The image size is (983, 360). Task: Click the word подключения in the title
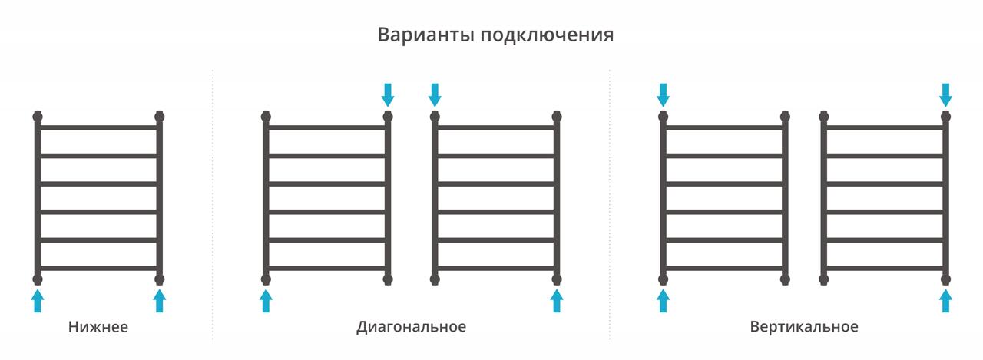[x=547, y=35]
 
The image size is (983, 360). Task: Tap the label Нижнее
[x=98, y=327]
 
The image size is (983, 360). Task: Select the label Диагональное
[x=411, y=327]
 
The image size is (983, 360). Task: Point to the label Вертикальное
[x=804, y=327]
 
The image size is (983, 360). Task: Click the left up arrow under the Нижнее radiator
[x=38, y=300]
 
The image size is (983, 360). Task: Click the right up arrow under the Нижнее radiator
[x=159, y=300]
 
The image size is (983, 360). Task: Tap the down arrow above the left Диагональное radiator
[x=388, y=95]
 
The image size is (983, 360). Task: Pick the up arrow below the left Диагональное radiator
[x=266, y=300]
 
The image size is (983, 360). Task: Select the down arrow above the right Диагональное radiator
[x=435, y=95]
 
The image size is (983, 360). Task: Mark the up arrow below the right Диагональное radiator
[x=557, y=300]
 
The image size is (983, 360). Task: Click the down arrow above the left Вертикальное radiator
[x=663, y=95]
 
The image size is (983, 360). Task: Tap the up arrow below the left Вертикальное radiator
[x=663, y=300]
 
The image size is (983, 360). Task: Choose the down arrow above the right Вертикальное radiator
[x=945, y=95]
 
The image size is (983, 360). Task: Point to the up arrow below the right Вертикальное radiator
[x=945, y=300]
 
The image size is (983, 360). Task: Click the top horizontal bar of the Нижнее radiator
[x=99, y=127]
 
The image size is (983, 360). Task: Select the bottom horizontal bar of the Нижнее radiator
[x=99, y=268]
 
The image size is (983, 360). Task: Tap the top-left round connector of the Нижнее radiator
[x=38, y=117]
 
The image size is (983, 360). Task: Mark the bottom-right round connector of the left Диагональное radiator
[x=388, y=279]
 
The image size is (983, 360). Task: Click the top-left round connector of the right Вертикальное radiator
[x=824, y=117]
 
